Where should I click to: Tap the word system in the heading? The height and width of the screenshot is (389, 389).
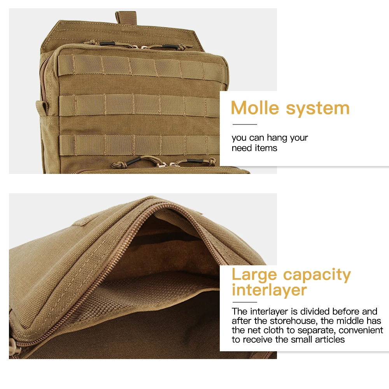tap(318, 109)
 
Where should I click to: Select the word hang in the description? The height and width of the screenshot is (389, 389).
tap(277, 138)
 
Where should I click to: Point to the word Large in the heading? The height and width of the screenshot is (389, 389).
tap(254, 275)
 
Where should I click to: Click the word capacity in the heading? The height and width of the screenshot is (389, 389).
tap(317, 275)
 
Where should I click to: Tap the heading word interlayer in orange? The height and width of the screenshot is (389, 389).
tap(270, 290)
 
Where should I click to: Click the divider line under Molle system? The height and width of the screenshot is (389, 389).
tap(245, 124)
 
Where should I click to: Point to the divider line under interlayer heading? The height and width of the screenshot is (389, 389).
tap(245, 302)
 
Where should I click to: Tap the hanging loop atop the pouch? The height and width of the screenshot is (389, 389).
tap(126, 18)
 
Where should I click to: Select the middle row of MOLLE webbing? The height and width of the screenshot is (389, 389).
tap(139, 105)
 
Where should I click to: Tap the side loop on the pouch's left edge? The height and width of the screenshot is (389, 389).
tap(42, 108)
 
